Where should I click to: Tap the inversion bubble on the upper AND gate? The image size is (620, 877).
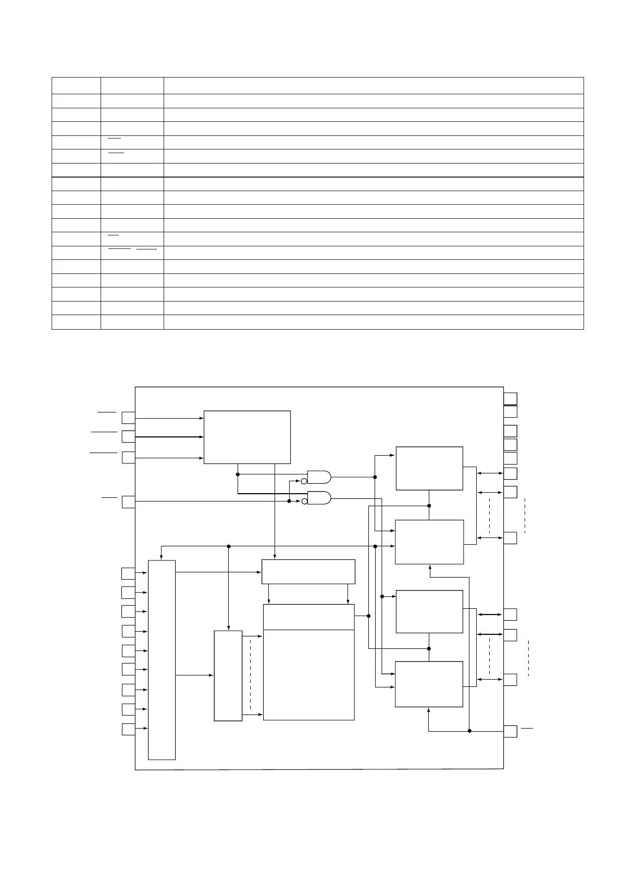tap(304, 480)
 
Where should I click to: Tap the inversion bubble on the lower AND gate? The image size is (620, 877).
tap(304, 502)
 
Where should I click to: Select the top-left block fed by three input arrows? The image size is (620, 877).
tap(247, 437)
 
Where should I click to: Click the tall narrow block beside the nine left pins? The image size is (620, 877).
tap(162, 660)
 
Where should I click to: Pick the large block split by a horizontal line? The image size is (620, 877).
tap(309, 662)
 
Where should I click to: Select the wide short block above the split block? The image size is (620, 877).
tap(308, 572)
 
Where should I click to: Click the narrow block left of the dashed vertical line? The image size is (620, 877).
tap(228, 676)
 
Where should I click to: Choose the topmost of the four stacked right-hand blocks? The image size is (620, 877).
tap(429, 468)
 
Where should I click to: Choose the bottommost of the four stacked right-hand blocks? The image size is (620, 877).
tap(429, 684)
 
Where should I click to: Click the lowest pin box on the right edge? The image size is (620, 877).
tap(511, 731)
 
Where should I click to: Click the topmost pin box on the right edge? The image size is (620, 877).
tap(511, 398)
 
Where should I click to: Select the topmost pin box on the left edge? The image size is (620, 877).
tap(128, 418)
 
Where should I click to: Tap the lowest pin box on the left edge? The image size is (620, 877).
tap(128, 729)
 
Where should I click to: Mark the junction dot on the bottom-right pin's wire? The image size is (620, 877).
tap(469, 731)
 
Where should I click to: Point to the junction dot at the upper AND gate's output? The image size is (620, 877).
tap(375, 477)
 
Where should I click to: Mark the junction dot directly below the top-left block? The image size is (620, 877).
tap(238, 474)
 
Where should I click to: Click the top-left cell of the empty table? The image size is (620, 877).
tap(76, 85)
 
